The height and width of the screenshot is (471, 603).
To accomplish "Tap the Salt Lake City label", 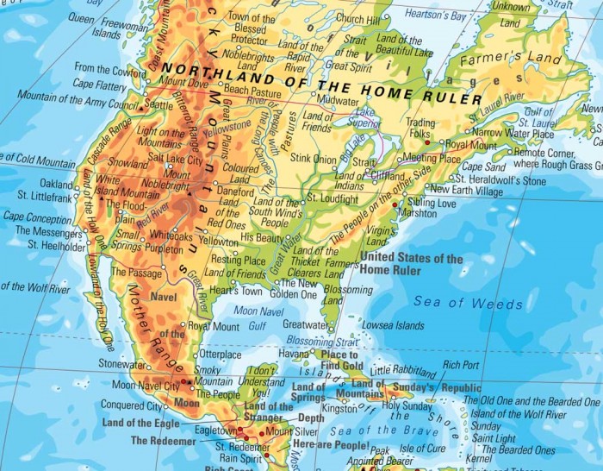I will coord(175,160).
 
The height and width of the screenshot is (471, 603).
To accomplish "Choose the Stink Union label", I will coord(314,159).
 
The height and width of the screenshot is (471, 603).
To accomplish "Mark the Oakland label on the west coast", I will coord(56,185).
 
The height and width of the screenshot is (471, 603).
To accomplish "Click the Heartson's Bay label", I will coord(438,16).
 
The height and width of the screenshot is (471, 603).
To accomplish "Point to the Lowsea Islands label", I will coord(392,325).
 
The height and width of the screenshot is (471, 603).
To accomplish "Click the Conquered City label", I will coord(131,405).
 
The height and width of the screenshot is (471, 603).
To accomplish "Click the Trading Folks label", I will coord(420,129).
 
